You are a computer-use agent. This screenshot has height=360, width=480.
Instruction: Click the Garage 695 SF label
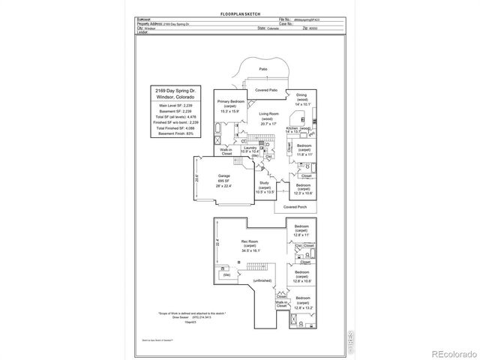pos(223,181)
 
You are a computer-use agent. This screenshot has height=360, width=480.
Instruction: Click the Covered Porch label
pos(295,206)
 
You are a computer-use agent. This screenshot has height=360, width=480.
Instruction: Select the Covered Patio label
pos(266,90)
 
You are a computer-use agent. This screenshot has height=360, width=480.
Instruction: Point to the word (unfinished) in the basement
pos(262,280)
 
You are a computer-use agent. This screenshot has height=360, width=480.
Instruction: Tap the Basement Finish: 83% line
pos(172,133)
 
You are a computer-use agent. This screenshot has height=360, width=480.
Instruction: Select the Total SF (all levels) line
pos(172,116)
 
